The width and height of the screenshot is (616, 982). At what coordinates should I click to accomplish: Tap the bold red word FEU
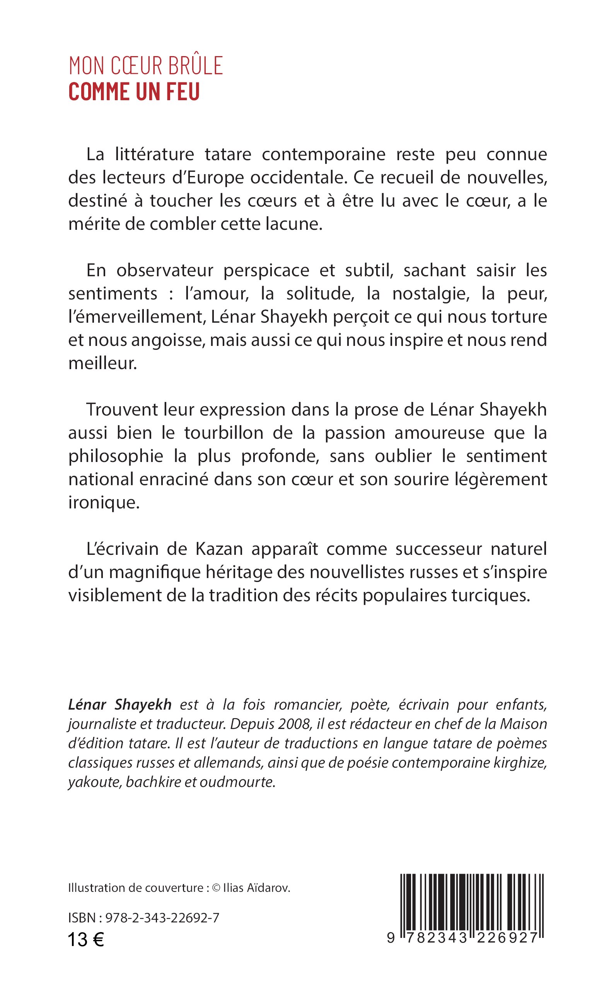183,92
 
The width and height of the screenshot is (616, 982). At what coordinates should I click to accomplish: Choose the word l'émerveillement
136,317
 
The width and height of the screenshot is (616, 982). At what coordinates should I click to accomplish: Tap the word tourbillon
224,433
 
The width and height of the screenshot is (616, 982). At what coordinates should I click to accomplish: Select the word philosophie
116,456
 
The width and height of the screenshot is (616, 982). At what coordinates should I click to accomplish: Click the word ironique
104,503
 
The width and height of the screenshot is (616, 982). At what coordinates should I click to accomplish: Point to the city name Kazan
219,549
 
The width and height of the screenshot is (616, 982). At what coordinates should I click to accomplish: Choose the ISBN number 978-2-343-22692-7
162,918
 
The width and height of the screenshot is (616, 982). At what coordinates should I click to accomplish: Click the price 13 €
86,939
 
